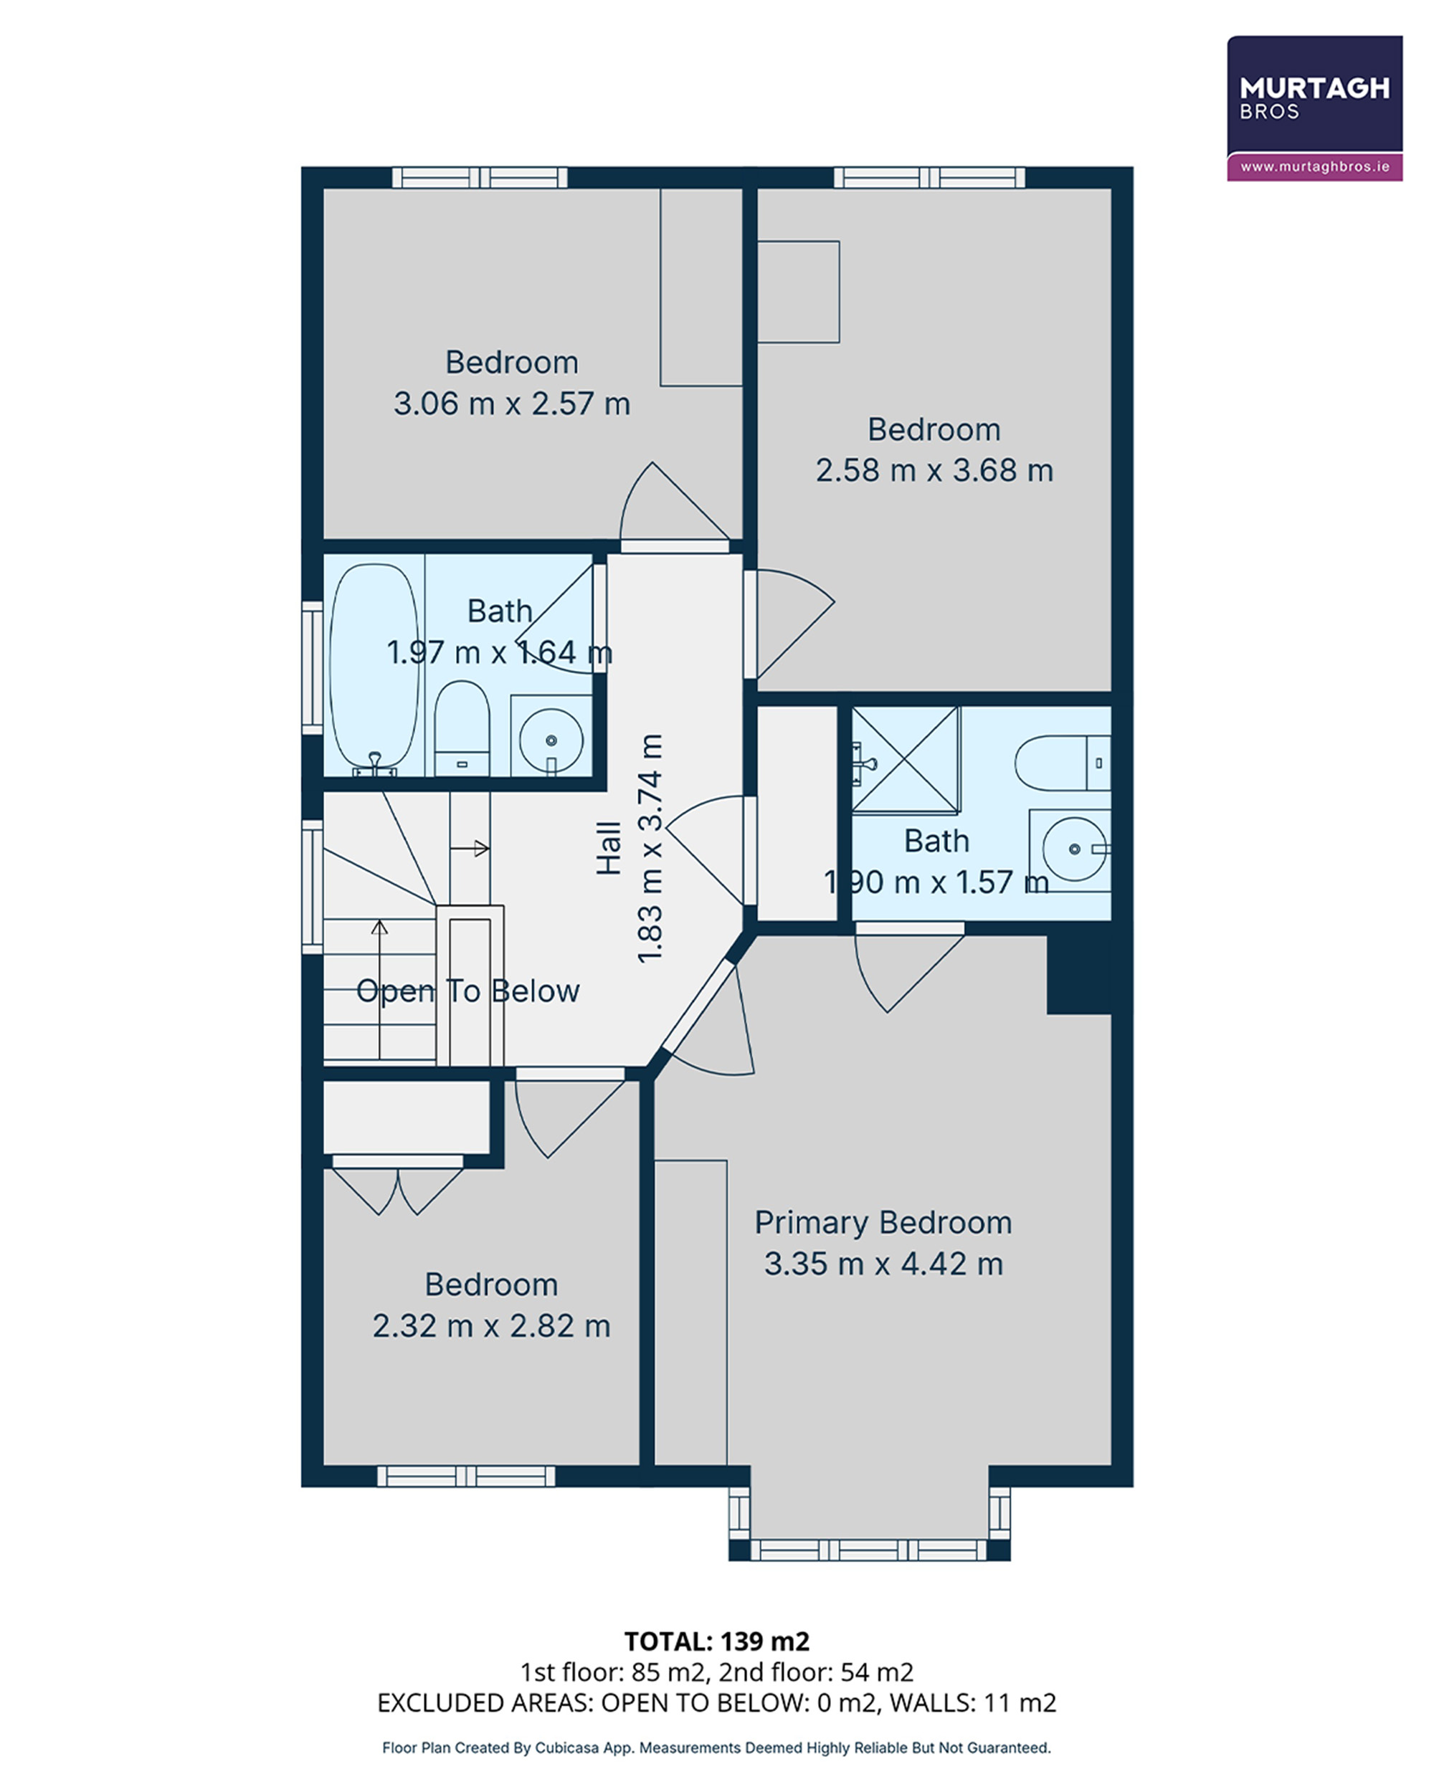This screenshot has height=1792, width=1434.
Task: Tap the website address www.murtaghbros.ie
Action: [x=1314, y=167]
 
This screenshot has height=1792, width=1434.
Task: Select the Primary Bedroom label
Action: [x=883, y=1223]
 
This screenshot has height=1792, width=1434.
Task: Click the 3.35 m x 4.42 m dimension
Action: [x=883, y=1264]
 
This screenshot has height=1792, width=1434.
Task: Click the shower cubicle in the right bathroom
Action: [x=906, y=759]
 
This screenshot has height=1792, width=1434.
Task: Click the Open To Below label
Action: [x=467, y=991]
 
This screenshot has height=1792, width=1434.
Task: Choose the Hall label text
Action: [x=609, y=848]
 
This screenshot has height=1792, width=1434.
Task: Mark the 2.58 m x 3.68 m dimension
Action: [x=934, y=470]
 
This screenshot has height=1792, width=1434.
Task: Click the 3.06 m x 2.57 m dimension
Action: [x=511, y=404]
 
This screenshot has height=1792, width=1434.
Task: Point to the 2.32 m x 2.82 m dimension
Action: [x=491, y=1325]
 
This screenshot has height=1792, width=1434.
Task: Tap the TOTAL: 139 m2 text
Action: [x=716, y=1641]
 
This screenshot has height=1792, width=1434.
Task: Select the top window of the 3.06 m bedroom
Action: [x=480, y=177]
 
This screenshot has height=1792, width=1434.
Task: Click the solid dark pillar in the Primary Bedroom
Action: [x=1079, y=974]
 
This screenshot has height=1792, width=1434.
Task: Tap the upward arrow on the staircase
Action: [x=380, y=989]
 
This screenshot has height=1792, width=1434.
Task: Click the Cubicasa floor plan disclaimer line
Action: [x=716, y=1748]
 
